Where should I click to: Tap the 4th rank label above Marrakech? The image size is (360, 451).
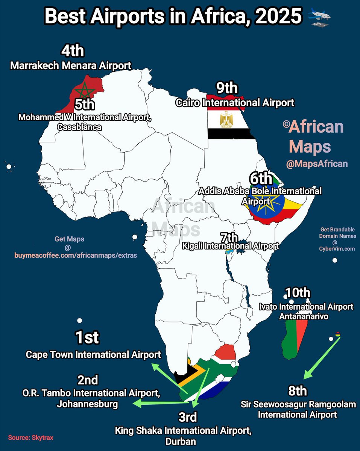click(x=73, y=51)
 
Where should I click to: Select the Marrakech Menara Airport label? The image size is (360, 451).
click(x=71, y=65)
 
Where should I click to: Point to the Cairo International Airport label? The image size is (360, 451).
click(x=235, y=102)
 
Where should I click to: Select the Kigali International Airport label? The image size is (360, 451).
click(x=230, y=246)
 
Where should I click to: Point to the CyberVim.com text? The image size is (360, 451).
click(x=337, y=249)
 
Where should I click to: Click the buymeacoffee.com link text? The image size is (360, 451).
click(x=76, y=256)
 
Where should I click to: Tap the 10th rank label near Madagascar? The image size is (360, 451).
click(x=298, y=293)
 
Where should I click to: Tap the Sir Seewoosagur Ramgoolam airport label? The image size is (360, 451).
click(x=298, y=410)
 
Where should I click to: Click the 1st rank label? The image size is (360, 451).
click(x=87, y=337)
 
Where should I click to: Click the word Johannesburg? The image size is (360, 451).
click(x=87, y=404)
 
